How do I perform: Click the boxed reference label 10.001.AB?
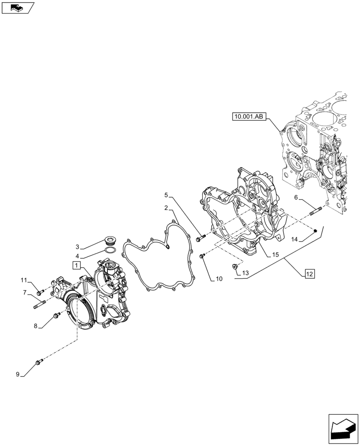coord(249,117)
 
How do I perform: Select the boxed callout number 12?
coord(310,274)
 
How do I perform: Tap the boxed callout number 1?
coord(76,266)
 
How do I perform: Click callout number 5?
coord(166,195)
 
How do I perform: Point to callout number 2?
coord(166,208)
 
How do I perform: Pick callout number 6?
coord(296,197)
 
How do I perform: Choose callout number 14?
coord(295,240)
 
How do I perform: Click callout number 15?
coord(275,255)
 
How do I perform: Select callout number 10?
coord(219,279)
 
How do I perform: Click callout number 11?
coord(24,280)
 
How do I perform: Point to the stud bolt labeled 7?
coord(40,306)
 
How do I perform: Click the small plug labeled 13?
coord(234,267)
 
